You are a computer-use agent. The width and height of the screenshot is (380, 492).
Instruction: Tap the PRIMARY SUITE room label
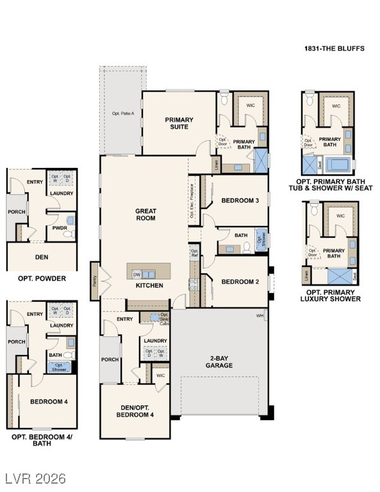coord(179,123)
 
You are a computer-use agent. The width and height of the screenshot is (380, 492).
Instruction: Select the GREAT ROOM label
coord(145,214)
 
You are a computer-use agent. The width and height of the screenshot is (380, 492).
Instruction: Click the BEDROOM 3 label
coord(240,201)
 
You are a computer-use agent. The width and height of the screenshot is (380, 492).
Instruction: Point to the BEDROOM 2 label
coord(240,282)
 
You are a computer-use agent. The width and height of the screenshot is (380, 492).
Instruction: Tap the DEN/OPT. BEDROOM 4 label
coord(135,411)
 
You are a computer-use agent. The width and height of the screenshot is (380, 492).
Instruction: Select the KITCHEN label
coord(149,285)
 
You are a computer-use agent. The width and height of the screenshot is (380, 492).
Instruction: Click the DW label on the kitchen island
coord(136,274)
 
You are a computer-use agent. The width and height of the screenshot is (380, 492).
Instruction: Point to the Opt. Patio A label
coord(123,113)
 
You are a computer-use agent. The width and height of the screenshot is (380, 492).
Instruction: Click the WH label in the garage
coord(260,315)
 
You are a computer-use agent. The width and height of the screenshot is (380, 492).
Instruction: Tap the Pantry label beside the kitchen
coord(95,280)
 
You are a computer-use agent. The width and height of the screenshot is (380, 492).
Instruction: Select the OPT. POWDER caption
coord(42,279)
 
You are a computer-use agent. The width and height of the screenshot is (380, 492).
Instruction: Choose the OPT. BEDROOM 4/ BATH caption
coord(42,440)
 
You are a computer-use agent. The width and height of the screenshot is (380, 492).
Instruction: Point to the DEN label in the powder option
coord(42,257)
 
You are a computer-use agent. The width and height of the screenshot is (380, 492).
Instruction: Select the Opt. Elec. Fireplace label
coord(192,201)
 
